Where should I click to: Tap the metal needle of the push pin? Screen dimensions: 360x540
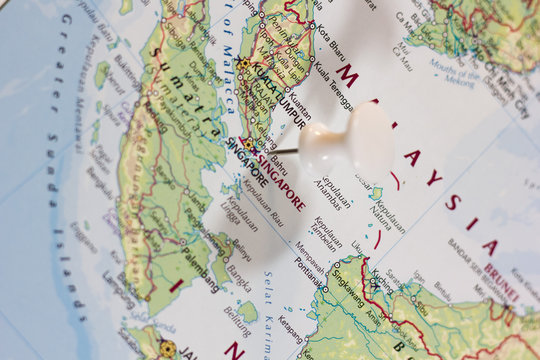click(x=284, y=152)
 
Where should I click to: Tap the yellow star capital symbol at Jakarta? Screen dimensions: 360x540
click(x=167, y=348)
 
